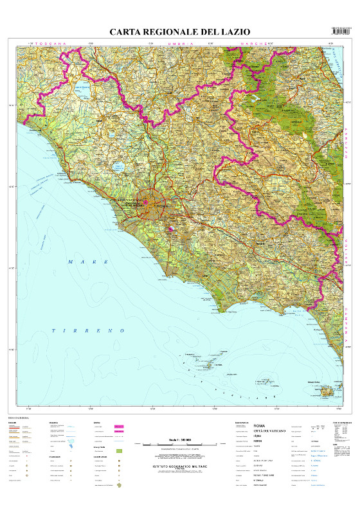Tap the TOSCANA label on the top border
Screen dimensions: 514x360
52,43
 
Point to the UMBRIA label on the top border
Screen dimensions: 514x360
182,43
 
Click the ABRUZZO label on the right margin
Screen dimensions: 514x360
345,145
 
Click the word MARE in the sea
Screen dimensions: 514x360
80,262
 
